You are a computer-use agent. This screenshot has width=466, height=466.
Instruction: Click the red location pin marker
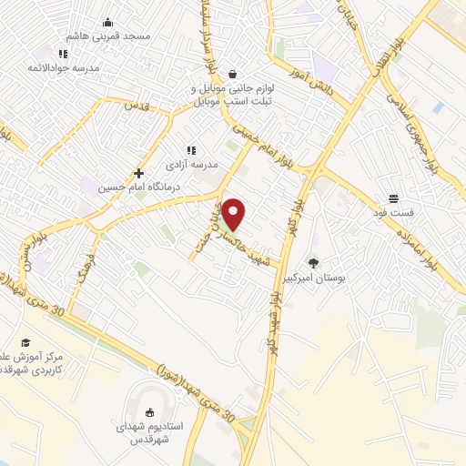234,214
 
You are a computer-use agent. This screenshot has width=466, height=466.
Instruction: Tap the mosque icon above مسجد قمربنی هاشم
108,23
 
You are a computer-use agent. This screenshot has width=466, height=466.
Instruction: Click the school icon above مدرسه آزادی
191,150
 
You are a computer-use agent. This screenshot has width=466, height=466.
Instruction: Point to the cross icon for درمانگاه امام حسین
138,173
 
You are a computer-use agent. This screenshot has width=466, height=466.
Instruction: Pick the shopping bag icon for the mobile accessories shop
233,74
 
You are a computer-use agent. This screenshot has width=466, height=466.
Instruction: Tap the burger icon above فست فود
393,198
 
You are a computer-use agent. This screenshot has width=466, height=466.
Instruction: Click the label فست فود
394,212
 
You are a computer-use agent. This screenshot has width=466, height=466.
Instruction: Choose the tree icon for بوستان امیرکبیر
314,263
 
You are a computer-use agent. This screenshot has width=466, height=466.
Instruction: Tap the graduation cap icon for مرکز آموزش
26,342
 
